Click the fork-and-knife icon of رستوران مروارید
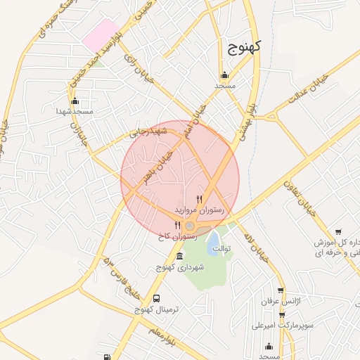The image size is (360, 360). (x=200, y=200)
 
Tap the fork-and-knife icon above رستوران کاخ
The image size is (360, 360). (x=177, y=226)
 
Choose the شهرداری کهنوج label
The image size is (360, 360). (x=181, y=267)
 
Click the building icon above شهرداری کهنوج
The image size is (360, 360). (x=181, y=256)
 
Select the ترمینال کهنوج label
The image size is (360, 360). (x=157, y=309)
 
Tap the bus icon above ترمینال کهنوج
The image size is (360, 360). (x=156, y=298)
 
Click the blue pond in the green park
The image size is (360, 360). (x=212, y=243)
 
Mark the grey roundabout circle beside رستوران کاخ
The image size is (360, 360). (x=190, y=226)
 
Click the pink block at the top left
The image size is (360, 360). (x=100, y=34)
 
